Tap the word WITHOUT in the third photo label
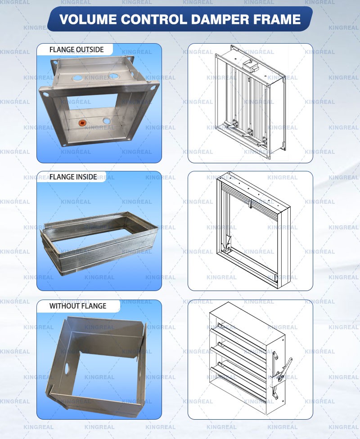coord(63,306)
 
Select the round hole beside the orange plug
coord(107,121)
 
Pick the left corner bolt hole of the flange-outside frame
coord(44,95)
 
